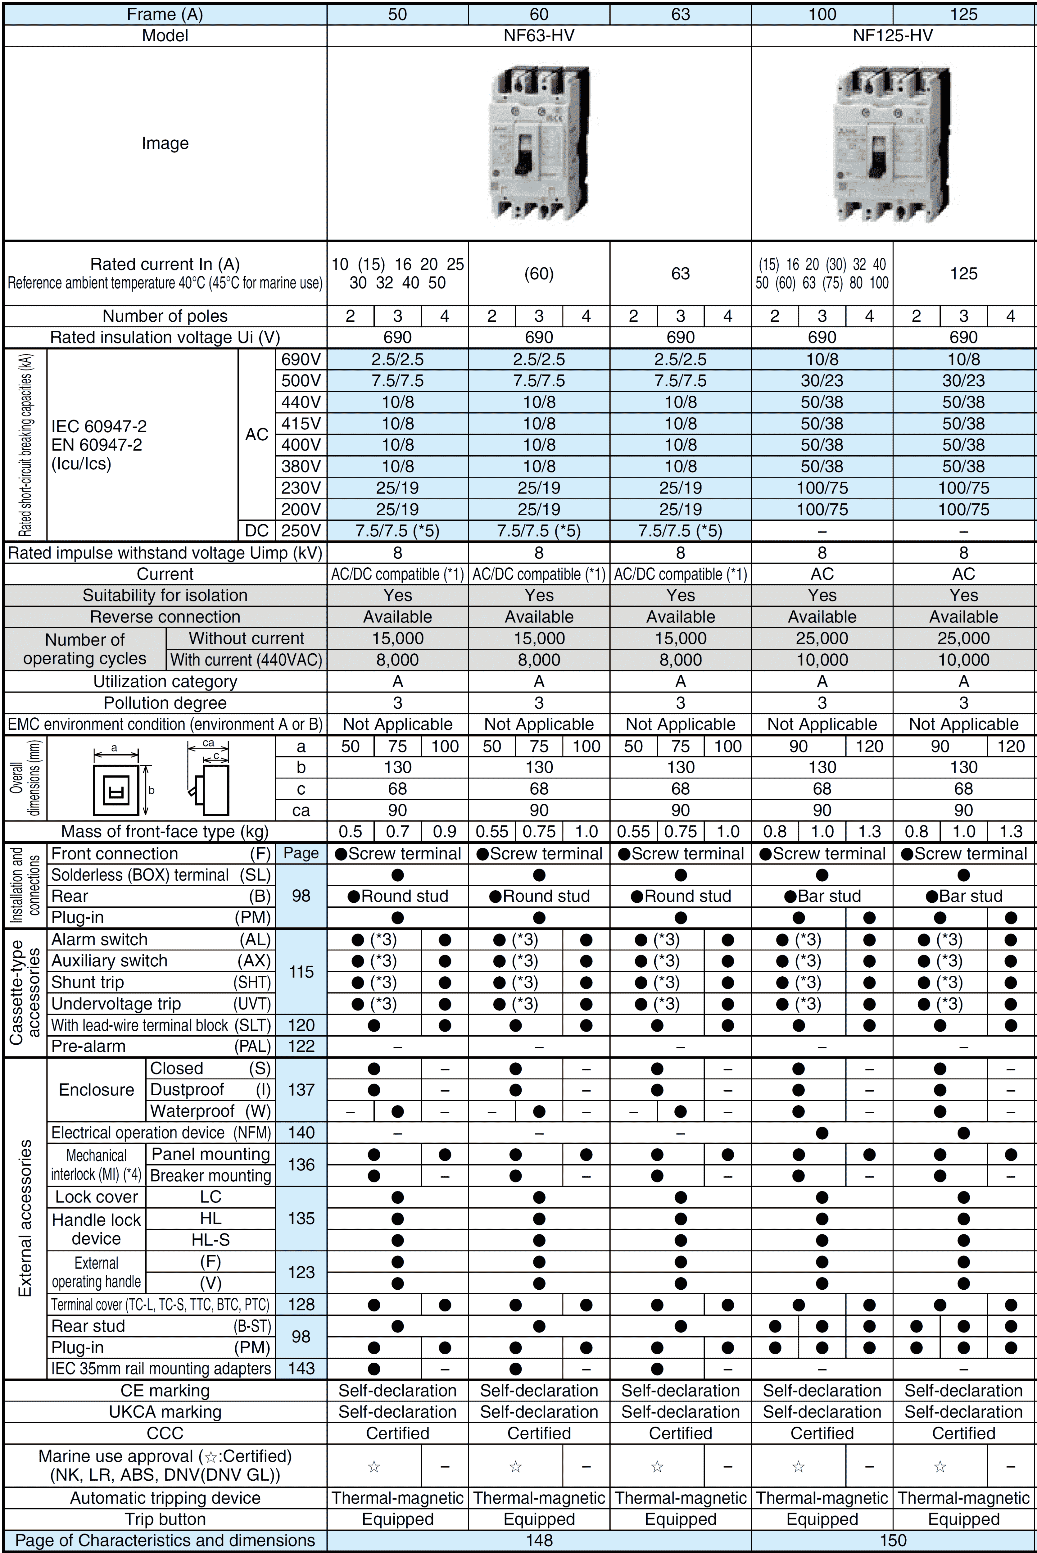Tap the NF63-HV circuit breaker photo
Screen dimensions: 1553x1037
tap(539, 143)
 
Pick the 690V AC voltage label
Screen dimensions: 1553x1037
tap(301, 359)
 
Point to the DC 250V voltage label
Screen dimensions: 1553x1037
tap(301, 530)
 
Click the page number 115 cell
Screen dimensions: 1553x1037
tap(301, 972)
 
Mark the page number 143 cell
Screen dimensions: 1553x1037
tap(301, 1369)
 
